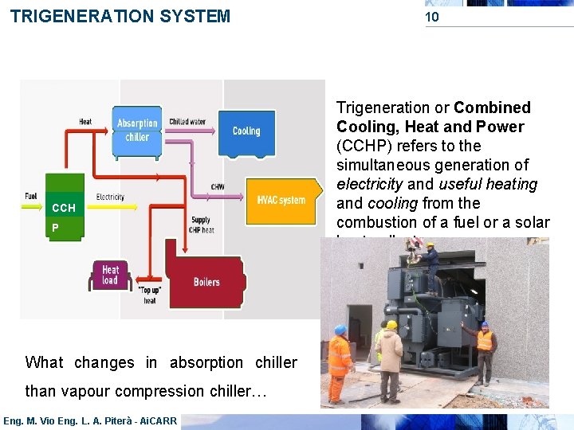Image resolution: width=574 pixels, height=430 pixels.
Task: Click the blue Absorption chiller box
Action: click(x=137, y=129)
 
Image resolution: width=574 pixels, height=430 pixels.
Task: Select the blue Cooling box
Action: click(x=246, y=131)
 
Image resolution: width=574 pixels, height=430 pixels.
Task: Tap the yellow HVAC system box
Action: click(x=281, y=200)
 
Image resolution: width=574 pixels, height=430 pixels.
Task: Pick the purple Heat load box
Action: click(x=110, y=276)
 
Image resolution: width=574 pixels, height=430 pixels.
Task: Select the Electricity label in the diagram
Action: click(x=109, y=197)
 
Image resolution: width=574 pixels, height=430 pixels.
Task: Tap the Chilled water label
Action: click(x=187, y=122)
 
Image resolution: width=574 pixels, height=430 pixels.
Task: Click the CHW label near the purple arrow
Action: click(x=217, y=187)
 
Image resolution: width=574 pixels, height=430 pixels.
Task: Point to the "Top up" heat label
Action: click(x=149, y=295)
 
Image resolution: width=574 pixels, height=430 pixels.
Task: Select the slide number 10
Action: click(x=431, y=17)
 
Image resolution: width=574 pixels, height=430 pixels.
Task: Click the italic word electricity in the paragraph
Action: click(x=370, y=184)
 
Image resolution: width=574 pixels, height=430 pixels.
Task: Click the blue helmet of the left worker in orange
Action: click(x=340, y=330)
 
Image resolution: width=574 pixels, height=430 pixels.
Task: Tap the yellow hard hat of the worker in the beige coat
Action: click(x=391, y=325)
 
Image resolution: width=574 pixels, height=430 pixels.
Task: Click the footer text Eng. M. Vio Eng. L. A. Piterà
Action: click(x=89, y=420)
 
